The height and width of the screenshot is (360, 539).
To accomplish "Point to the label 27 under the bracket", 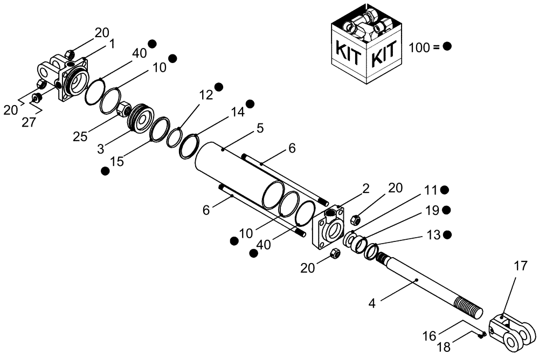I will pos(29,122).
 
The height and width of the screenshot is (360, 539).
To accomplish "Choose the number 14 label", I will pos(238,113).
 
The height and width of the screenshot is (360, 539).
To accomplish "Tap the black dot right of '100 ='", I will pos(447,47).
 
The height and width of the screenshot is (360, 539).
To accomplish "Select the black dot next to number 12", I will pos(219,87).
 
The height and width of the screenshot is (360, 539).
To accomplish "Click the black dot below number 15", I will pos(106,171).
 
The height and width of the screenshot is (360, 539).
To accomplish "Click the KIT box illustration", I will pos(366,43).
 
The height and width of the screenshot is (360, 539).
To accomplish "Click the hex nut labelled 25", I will pos(122,109).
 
